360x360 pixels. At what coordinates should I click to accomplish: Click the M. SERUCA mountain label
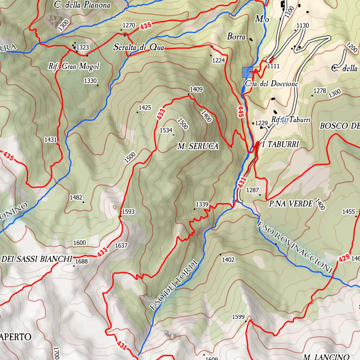pos(198,146)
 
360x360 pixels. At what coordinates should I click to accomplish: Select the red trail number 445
pos(241,112)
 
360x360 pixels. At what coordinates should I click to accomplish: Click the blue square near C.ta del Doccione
pos(247,72)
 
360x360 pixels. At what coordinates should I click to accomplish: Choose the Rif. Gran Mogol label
pos(74,66)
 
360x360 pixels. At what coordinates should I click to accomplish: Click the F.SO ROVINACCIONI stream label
pos(294,247)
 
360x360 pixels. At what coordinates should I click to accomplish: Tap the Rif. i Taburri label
pos(291,120)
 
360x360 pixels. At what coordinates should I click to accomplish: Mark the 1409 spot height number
pos(196,89)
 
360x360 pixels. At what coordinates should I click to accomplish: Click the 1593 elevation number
pos(128,212)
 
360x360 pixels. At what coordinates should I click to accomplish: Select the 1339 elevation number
pos(202,204)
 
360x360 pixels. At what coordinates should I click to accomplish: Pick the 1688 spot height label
pos(82,261)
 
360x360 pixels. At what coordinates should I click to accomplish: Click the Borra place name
pos(236,36)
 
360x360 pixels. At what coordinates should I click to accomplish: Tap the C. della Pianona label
pos(82,5)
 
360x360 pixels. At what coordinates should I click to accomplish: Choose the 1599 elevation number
pos(238,317)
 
